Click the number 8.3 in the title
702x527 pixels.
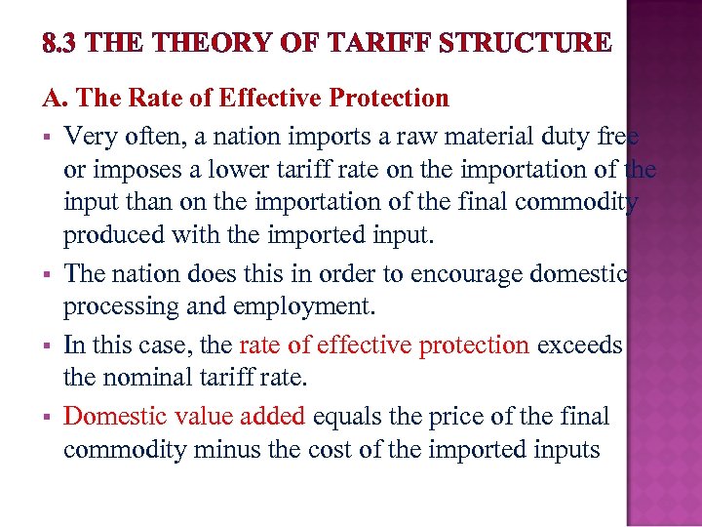59,43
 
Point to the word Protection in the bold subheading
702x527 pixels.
389,99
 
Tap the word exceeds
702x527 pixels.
579,345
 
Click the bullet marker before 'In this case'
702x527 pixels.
46,345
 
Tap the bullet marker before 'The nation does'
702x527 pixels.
46,275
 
